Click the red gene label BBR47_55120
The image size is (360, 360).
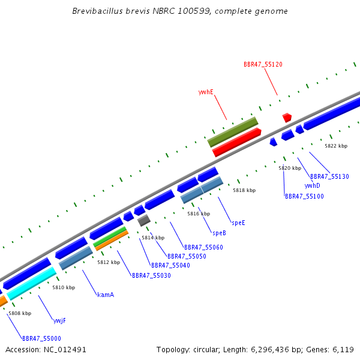click(x=263, y=65)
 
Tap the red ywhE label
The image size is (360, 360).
click(x=206, y=92)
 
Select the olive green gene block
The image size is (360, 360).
click(x=233, y=132)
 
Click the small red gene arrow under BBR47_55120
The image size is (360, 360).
click(x=287, y=118)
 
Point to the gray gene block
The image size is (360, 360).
click(x=144, y=220)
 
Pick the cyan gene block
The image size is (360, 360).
click(x=31, y=283)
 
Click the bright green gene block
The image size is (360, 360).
click(x=110, y=236)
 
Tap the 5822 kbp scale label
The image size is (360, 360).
click(x=336, y=146)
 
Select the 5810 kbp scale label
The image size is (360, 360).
click(x=64, y=287)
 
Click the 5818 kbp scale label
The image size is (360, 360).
click(x=244, y=190)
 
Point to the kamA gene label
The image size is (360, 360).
click(x=106, y=295)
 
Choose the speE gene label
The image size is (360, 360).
click(x=239, y=223)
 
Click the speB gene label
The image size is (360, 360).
click(x=219, y=233)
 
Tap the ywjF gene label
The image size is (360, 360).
click(x=59, y=321)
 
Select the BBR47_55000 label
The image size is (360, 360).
click(x=41, y=338)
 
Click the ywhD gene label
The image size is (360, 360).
click(x=312, y=186)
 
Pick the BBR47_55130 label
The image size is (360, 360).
click(x=329, y=176)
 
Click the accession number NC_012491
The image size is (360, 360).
click(x=65, y=350)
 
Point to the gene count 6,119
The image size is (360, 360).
click(x=343, y=350)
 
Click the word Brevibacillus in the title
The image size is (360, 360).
click(x=97, y=11)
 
